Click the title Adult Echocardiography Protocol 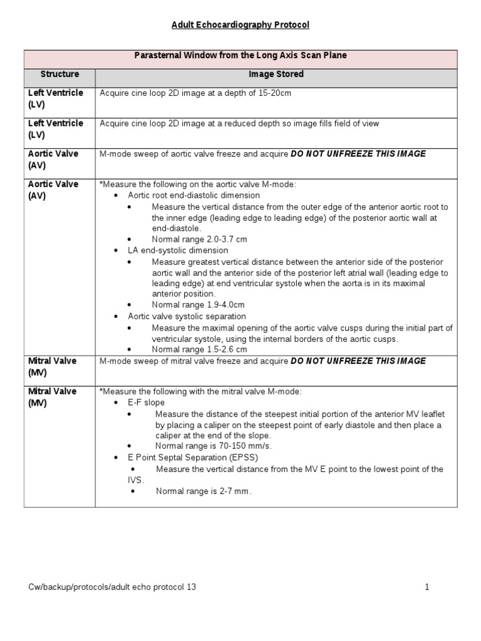240,25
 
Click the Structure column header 59,74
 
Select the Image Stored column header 276,74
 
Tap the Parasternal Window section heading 240,56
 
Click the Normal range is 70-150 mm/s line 206,446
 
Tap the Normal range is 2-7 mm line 204,491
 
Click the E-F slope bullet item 145,403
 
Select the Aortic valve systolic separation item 187,317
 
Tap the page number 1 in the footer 427,587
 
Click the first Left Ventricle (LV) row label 55,98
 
